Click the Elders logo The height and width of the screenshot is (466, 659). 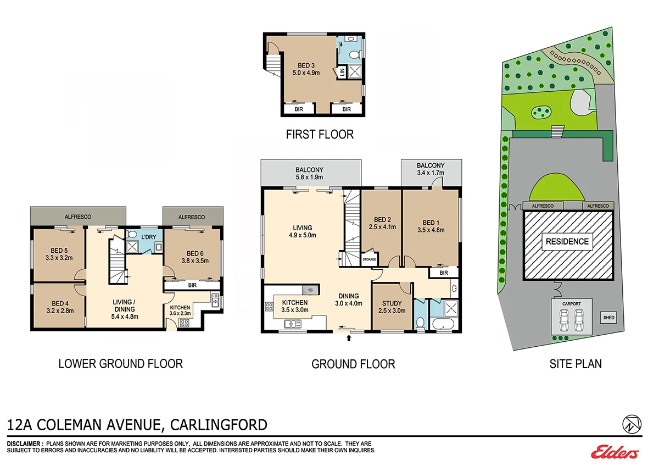pos(615,452)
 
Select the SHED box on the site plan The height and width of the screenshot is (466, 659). pos(608,318)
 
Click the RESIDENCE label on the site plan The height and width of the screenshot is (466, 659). pos(567,241)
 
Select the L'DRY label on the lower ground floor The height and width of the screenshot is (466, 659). pos(149,236)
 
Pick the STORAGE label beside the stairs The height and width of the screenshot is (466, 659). pos(370,259)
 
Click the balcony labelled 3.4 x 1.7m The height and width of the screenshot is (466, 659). pos(431,169)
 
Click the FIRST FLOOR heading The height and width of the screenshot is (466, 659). pos(319,134)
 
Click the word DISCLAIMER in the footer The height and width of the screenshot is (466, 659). pos(25,443)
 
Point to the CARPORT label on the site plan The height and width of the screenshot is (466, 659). pos(571,303)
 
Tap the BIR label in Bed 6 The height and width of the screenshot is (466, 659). pos(192,285)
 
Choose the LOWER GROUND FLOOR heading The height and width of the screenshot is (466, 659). pos(120,363)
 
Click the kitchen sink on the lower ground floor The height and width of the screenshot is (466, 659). pos(215,301)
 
